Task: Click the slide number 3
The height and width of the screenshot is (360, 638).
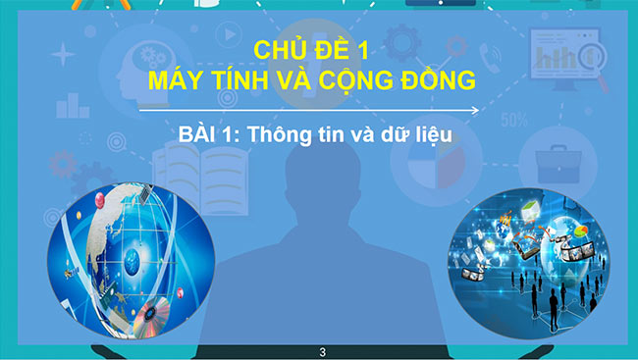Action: (322, 351)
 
